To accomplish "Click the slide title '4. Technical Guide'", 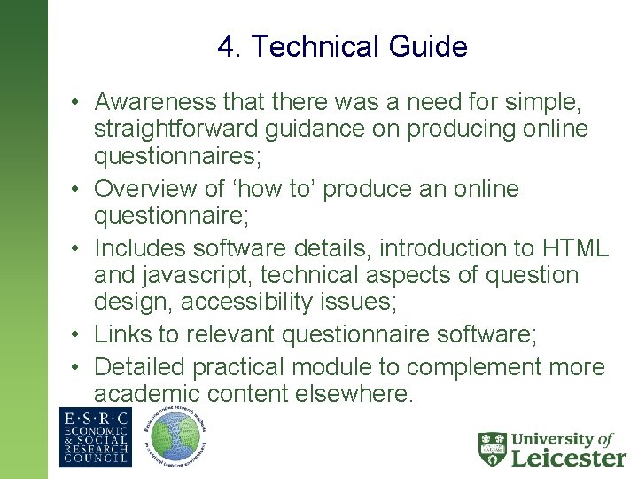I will pos(342,46).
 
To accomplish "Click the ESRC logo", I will pos(95,436).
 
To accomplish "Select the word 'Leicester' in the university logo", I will pos(569,458).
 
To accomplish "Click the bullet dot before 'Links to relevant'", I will pos(78,335).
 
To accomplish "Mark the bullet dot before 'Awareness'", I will pos(78,103).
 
